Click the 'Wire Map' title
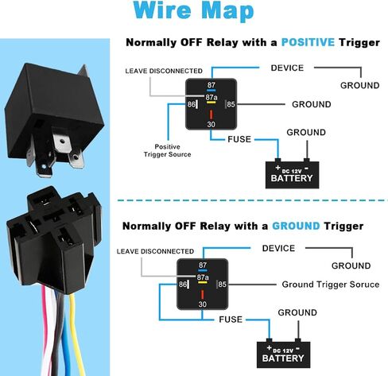[193, 10]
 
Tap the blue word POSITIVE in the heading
[308, 42]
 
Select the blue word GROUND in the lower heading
[296, 226]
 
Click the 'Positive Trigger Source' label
[167, 150]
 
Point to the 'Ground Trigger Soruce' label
[331, 285]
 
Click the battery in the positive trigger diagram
[292, 173]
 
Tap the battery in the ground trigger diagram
[283, 354]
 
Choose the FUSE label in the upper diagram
[239, 139]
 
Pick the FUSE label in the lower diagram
[231, 320]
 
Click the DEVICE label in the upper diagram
[287, 68]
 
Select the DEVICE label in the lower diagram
[278, 248]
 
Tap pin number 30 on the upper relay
[211, 124]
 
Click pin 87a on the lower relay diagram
[203, 277]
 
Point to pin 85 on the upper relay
[231, 104]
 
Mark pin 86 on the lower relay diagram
[182, 285]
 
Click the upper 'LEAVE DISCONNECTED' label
[164, 71]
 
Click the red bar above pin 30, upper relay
[211, 114]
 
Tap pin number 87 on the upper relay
[211, 85]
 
